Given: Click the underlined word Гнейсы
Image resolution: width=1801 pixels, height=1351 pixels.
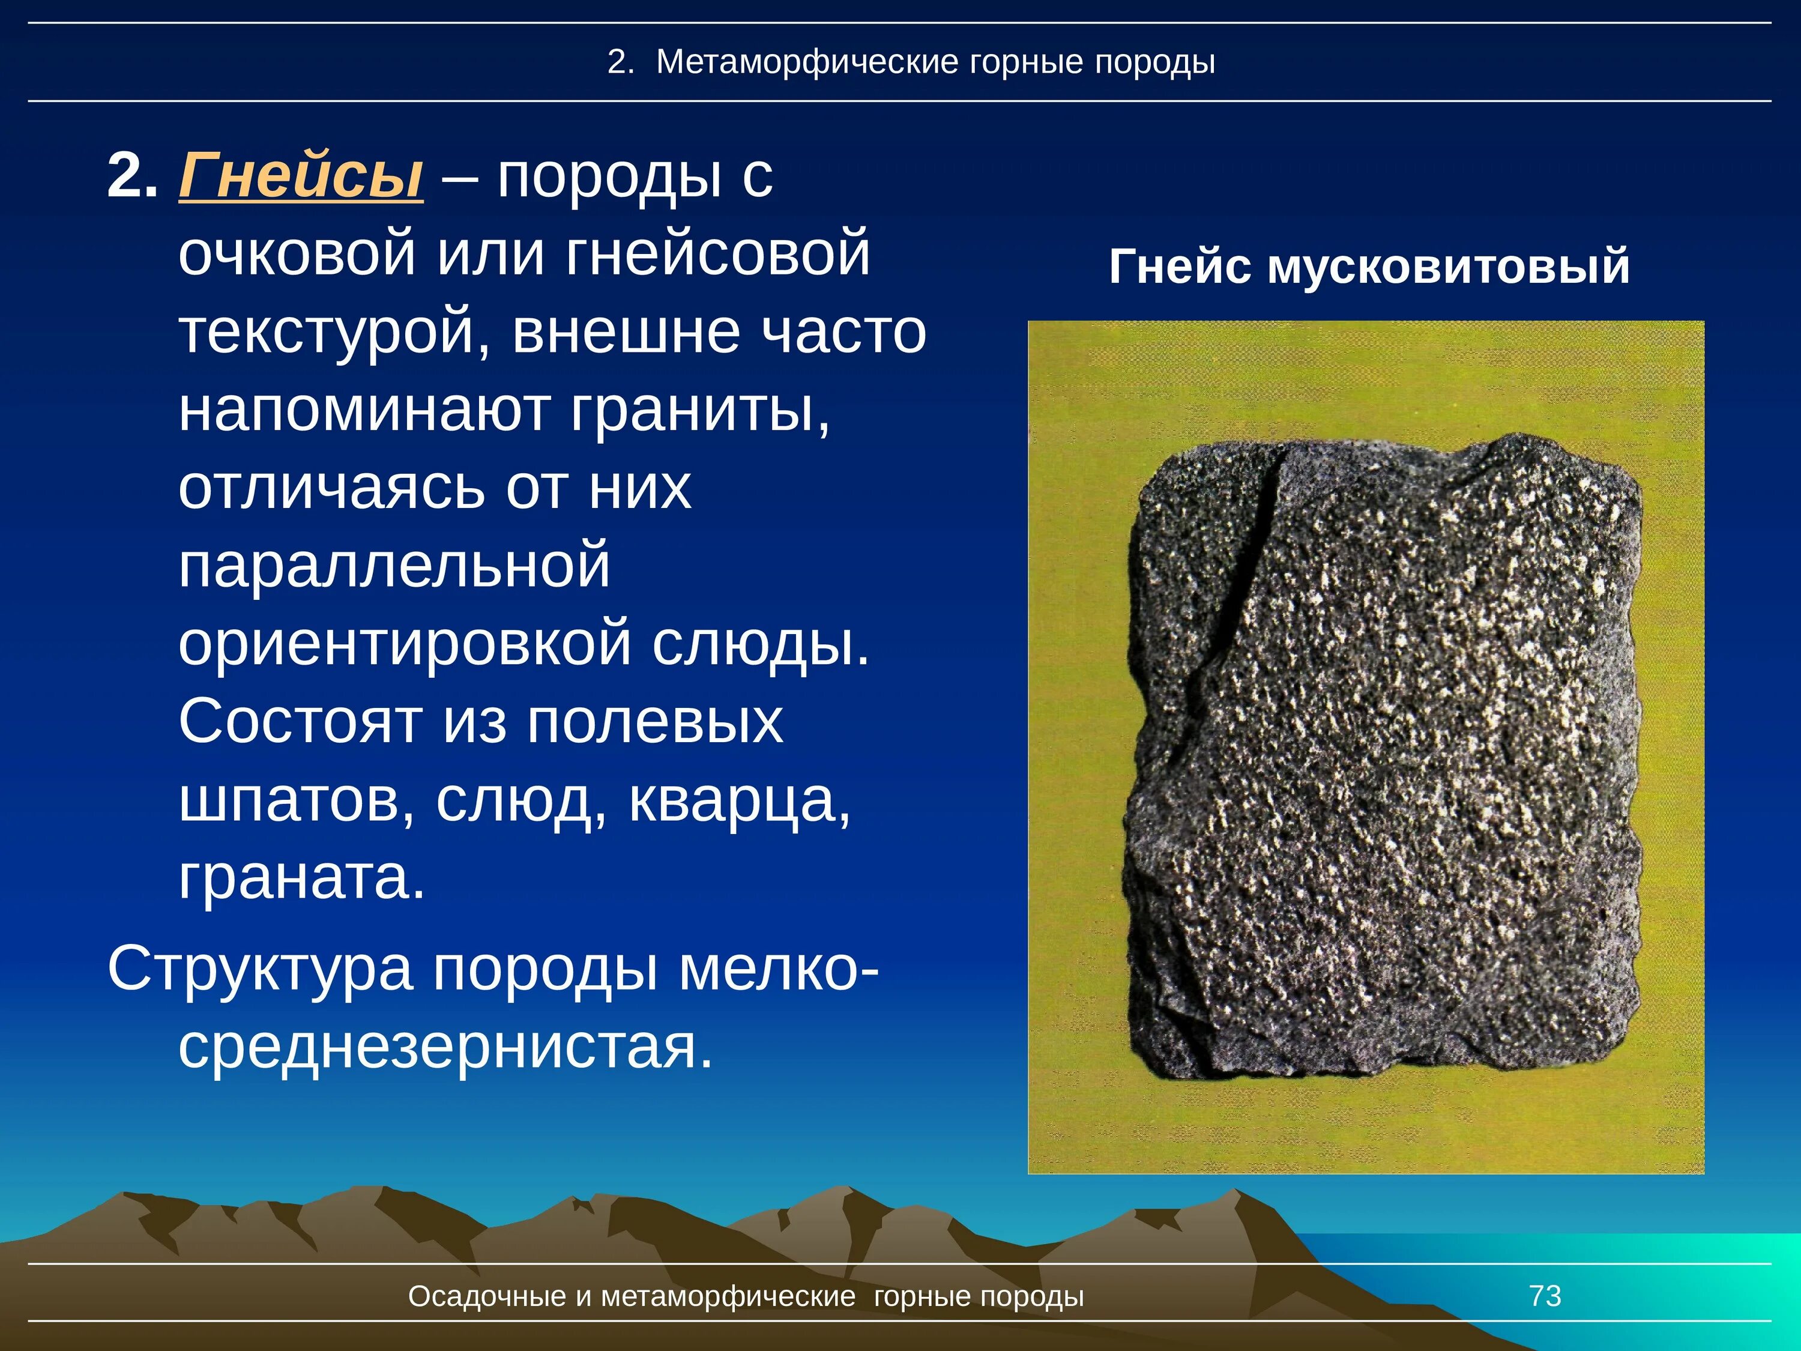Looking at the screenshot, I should pyautogui.click(x=300, y=175).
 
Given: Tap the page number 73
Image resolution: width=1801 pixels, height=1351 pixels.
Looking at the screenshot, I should pyautogui.click(x=1545, y=1296).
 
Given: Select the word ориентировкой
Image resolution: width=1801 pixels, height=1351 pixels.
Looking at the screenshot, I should pyautogui.click(x=405, y=642).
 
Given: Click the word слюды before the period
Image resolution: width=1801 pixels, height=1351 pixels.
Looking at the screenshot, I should pyautogui.click(x=759, y=642).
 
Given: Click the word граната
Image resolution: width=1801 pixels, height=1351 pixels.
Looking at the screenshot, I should pyautogui.click(x=300, y=877).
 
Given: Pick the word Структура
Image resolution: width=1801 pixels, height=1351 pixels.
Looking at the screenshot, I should pyautogui.click(x=260, y=969).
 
